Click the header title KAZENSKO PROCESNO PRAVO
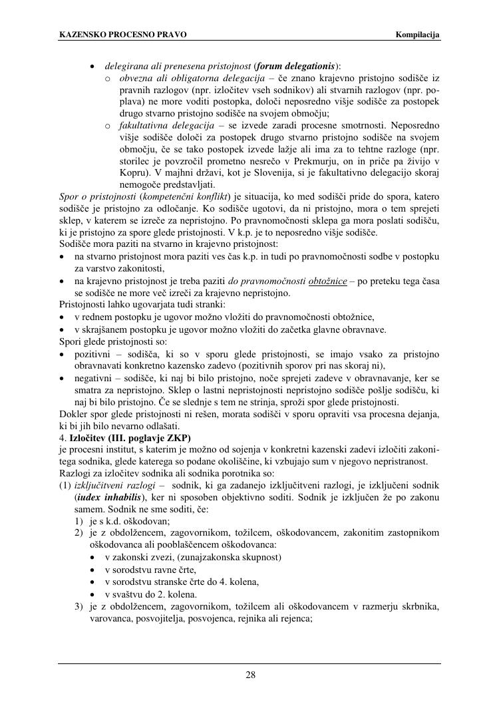click(123, 35)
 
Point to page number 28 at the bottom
click(250, 675)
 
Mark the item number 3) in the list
click(80, 606)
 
